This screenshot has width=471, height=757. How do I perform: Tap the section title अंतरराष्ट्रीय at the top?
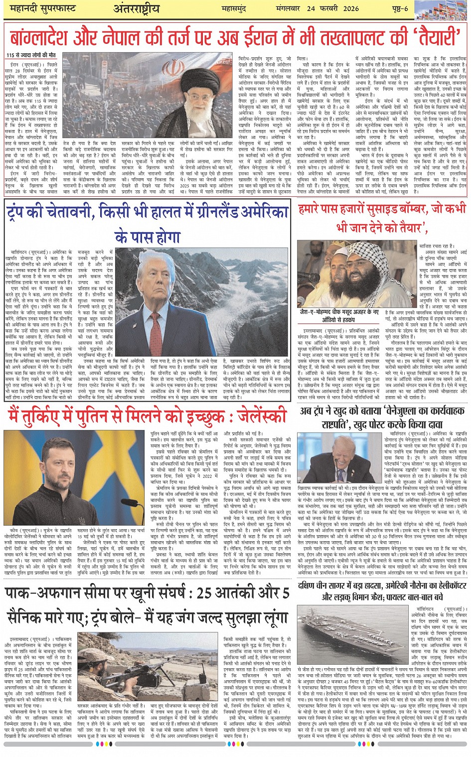tap(137, 8)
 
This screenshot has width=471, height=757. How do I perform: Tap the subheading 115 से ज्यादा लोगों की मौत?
tap(31, 55)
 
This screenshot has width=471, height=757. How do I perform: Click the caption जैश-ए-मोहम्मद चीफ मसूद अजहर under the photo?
tap(339, 312)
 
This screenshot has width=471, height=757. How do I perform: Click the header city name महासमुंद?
tap(235, 9)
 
